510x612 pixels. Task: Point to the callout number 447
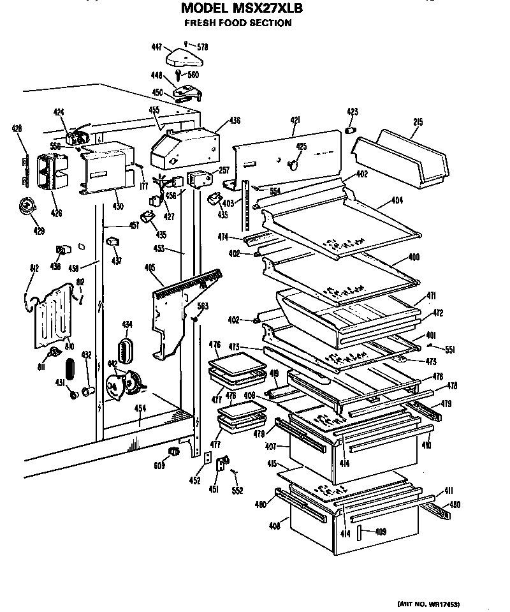point(157,47)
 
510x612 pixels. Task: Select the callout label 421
point(295,119)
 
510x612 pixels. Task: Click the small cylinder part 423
point(350,130)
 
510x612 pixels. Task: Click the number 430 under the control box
point(117,205)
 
